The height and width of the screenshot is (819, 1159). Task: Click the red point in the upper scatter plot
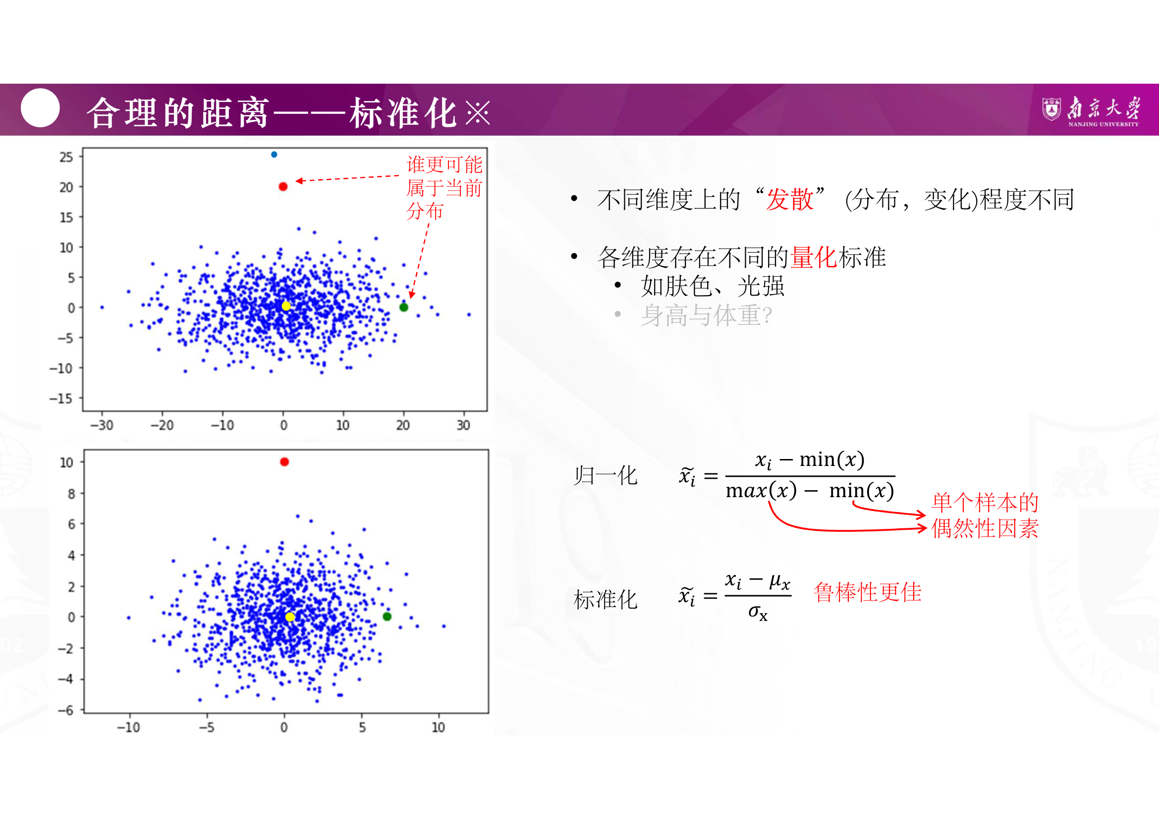coord(283,187)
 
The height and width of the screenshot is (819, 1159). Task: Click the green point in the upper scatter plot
coord(404,307)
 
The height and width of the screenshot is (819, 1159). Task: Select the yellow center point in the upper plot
coord(286,306)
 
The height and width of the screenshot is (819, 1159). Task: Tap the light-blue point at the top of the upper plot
coord(274,154)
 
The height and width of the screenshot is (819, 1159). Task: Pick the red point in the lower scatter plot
coord(285,461)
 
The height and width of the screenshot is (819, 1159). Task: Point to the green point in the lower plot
coord(387,616)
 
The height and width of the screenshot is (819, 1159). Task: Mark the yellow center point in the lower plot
coord(290,617)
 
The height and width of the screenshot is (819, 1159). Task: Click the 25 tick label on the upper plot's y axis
coord(66,157)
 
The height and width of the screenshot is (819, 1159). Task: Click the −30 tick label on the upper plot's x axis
coord(102,425)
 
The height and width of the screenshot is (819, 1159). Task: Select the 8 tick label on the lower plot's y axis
coord(71,494)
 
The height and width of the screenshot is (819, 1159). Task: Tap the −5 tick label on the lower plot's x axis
coord(207,727)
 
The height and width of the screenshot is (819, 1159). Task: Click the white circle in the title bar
coord(40,108)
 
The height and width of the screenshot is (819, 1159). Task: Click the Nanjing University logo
coord(1091,111)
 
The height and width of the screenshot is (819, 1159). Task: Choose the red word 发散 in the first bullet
coord(789,199)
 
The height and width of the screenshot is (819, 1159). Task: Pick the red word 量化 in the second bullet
coord(814,257)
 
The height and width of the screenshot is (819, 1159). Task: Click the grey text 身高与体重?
coord(706,316)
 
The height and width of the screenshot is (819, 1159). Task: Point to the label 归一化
coord(606,475)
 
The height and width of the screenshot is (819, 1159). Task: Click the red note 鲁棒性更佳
coord(868,592)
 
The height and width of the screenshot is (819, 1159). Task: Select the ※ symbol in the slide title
coord(478,112)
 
